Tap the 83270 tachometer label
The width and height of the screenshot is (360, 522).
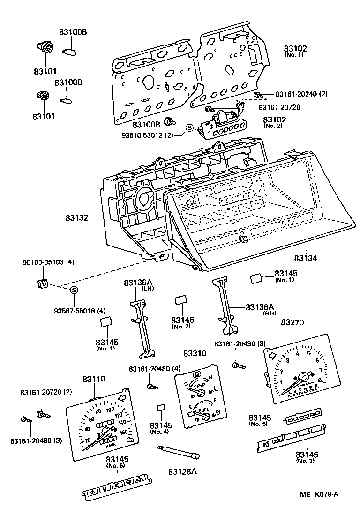coord(292,323)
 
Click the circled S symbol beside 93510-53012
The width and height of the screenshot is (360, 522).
coord(190,128)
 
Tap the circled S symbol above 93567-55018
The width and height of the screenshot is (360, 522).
coord(74,291)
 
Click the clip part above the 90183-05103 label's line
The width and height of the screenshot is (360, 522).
coord(42,283)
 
